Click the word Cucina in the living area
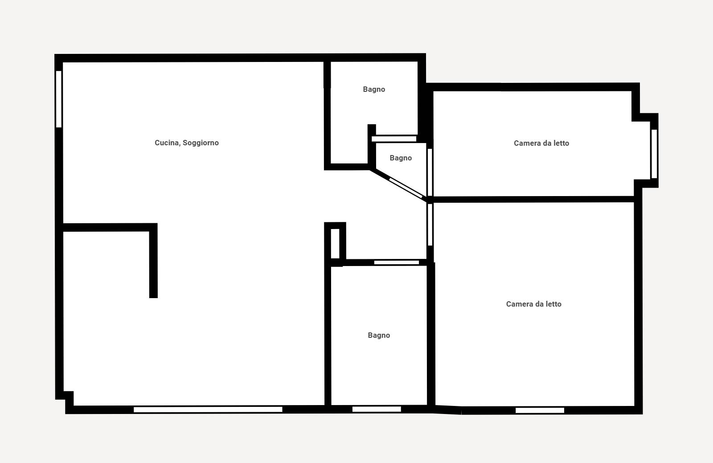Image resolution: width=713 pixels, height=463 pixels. (167, 143)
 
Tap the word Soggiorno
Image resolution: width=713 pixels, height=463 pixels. (201, 143)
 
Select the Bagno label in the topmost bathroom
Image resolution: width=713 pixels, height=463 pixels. (374, 90)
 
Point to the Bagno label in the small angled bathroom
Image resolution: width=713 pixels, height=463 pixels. (401, 158)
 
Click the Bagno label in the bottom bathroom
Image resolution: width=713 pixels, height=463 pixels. (379, 336)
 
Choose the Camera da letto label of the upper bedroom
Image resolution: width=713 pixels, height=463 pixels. (541, 143)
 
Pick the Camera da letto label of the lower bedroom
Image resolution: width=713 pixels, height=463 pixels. (534, 304)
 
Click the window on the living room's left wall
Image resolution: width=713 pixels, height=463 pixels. (59, 99)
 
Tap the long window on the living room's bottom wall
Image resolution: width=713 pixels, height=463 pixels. (208, 410)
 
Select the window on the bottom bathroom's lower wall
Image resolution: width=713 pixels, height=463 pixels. (377, 409)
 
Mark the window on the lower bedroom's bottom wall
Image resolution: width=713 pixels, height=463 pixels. (540, 410)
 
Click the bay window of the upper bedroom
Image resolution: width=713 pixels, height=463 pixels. (654, 154)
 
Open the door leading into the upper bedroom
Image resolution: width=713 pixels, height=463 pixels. (430, 172)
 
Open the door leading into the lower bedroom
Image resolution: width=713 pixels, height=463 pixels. (430, 225)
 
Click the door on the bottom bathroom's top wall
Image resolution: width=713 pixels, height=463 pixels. (397, 262)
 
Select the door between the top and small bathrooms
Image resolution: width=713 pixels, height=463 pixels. (394, 139)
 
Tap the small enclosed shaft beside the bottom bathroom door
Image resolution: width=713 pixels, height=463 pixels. (335, 244)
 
